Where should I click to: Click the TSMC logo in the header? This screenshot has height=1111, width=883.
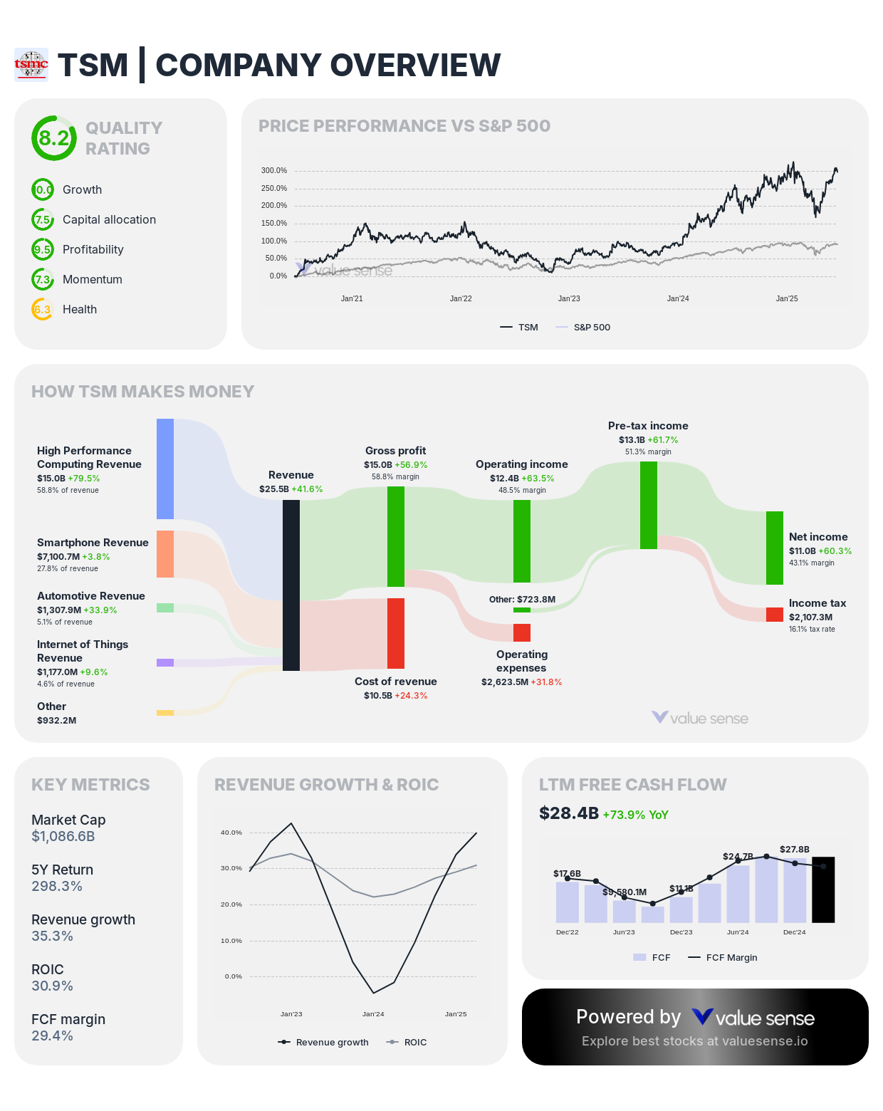point(31,65)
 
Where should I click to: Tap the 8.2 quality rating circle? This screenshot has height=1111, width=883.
point(54,138)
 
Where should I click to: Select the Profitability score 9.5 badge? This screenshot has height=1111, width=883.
point(43,249)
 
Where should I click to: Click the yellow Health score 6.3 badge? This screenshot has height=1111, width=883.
point(43,309)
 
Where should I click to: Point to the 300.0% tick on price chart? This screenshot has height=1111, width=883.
point(274,171)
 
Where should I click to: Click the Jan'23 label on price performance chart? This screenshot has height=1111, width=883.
point(569,298)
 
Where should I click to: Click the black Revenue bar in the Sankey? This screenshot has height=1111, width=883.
point(291,585)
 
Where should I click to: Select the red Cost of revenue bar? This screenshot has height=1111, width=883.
point(396,633)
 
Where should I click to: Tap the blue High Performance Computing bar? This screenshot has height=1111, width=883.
point(165,469)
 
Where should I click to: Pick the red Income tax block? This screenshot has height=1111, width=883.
point(775,615)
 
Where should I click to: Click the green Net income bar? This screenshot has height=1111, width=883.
point(775,548)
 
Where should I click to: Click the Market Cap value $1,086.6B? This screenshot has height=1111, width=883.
point(63,836)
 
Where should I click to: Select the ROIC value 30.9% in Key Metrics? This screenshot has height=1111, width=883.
point(52,986)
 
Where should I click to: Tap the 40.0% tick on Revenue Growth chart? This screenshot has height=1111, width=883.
point(231,833)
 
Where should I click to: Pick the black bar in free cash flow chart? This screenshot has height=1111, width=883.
point(823,890)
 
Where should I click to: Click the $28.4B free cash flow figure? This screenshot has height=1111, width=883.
point(569,813)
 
